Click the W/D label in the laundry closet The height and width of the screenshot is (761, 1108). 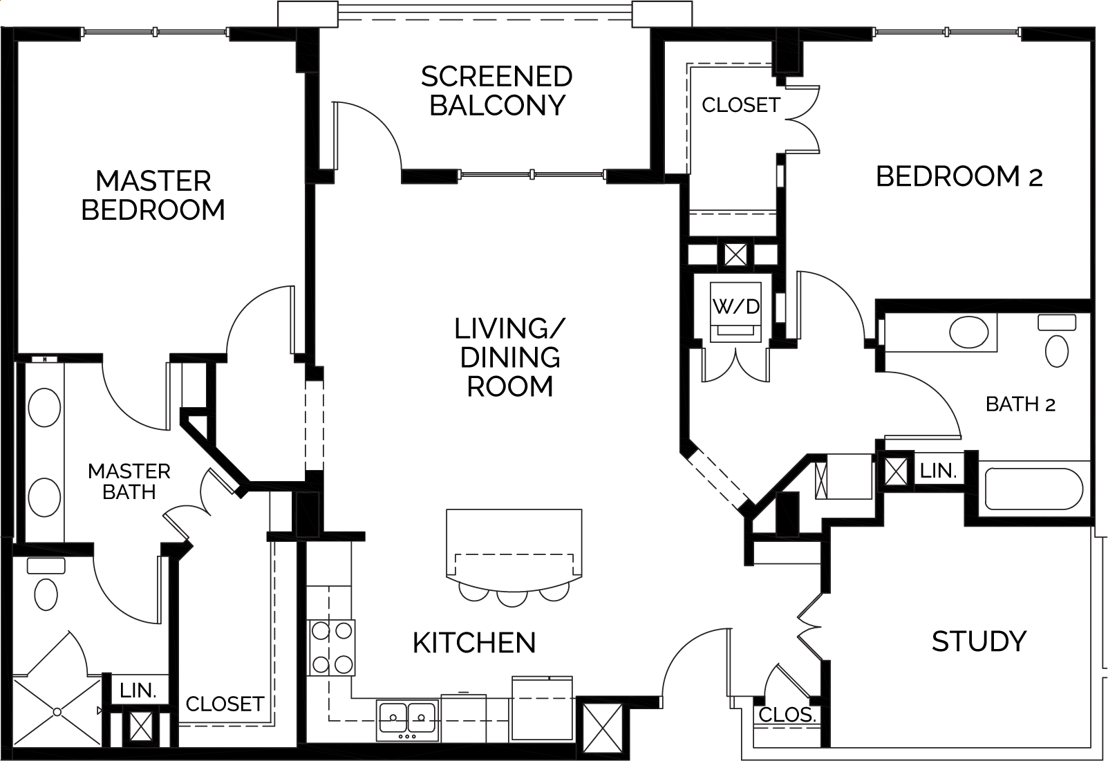click(735, 307)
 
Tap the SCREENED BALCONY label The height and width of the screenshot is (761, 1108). click(497, 91)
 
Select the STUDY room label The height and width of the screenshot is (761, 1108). click(979, 642)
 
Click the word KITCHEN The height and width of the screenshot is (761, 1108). click(474, 643)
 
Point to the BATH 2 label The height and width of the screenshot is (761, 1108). click(1020, 404)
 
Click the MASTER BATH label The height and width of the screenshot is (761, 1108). click(129, 482)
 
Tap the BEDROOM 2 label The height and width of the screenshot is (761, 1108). click(959, 176)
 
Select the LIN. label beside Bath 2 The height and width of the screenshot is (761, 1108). click(939, 471)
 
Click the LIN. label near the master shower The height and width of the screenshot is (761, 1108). click(138, 690)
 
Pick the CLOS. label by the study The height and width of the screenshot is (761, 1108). click(787, 715)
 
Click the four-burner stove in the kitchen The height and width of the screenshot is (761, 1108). click(331, 648)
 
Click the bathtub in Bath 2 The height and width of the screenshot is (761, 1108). click(1034, 489)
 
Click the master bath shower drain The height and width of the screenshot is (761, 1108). click(57, 712)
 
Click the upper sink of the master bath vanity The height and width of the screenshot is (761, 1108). click(44, 408)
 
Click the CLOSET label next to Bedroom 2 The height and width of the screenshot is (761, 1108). click(741, 105)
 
